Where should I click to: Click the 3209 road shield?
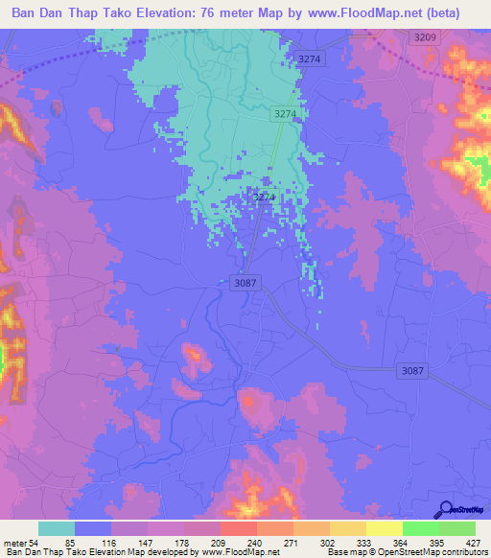tap(425, 36)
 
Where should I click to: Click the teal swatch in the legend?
tap(57, 528)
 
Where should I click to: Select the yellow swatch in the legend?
tap(385, 528)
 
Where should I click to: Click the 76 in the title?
tap(211, 13)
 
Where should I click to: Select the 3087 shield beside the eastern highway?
tap(410, 370)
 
